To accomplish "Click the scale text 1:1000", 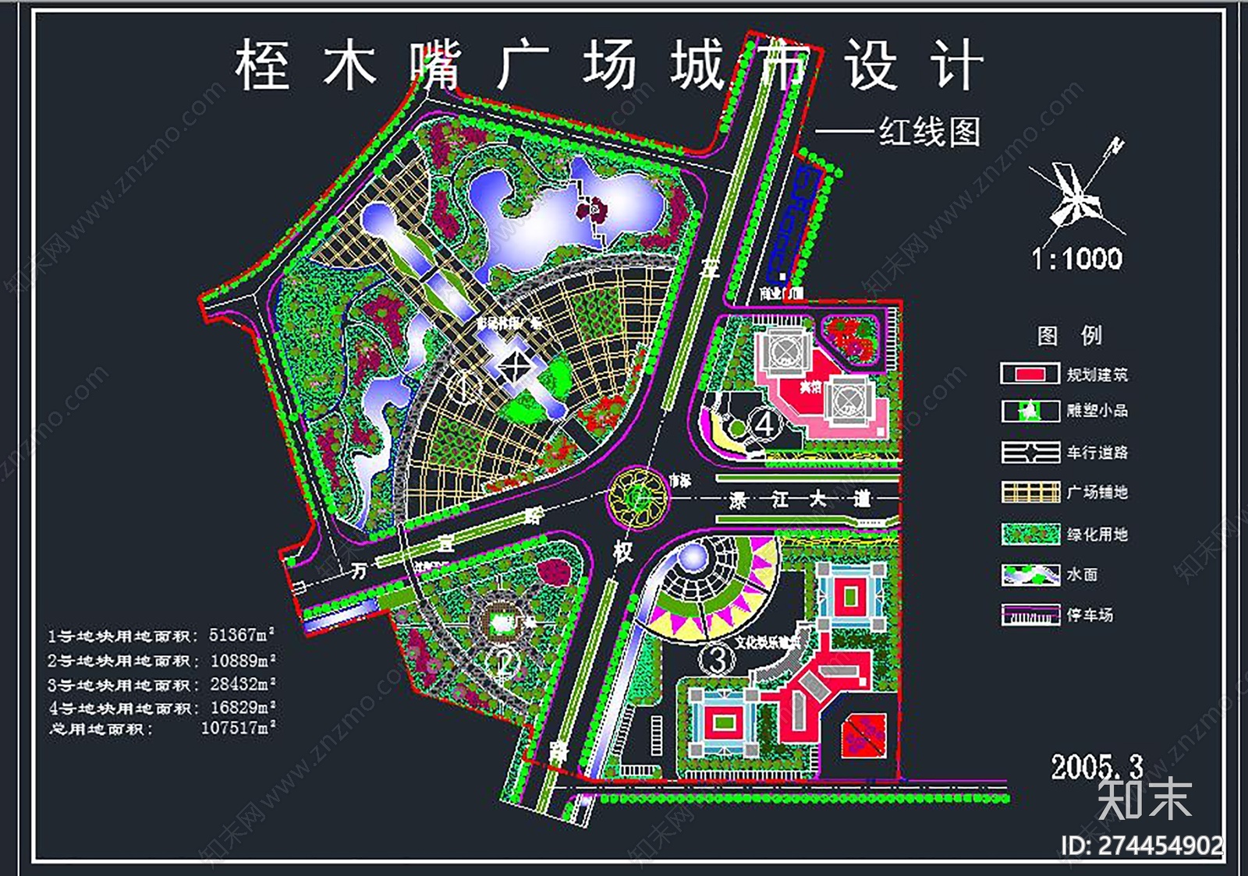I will click(1077, 259).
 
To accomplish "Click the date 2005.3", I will click(1096, 767).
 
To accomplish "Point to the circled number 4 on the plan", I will click(764, 425).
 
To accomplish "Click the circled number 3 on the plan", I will click(717, 659).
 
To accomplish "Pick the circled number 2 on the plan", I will click(503, 663).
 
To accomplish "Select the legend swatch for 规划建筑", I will click(1030, 374).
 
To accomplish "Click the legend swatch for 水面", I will click(1030, 575).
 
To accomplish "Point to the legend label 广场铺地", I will click(1097, 493).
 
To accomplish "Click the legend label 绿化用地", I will click(1097, 535).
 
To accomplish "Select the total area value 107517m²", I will click(239, 728).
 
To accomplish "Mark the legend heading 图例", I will click(1069, 335).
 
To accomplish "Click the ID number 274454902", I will click(1160, 846).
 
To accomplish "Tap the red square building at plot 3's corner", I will click(863, 735).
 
